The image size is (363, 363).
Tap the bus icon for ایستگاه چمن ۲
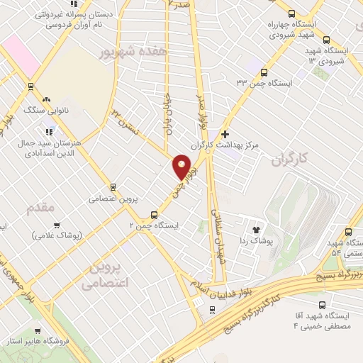(x=154, y=214)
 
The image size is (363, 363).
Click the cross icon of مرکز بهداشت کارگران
(x=225, y=134)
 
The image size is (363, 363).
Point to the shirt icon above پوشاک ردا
(x=257, y=230)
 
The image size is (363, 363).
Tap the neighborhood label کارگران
(x=290, y=161)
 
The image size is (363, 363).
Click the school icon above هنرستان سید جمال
(x=48, y=131)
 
